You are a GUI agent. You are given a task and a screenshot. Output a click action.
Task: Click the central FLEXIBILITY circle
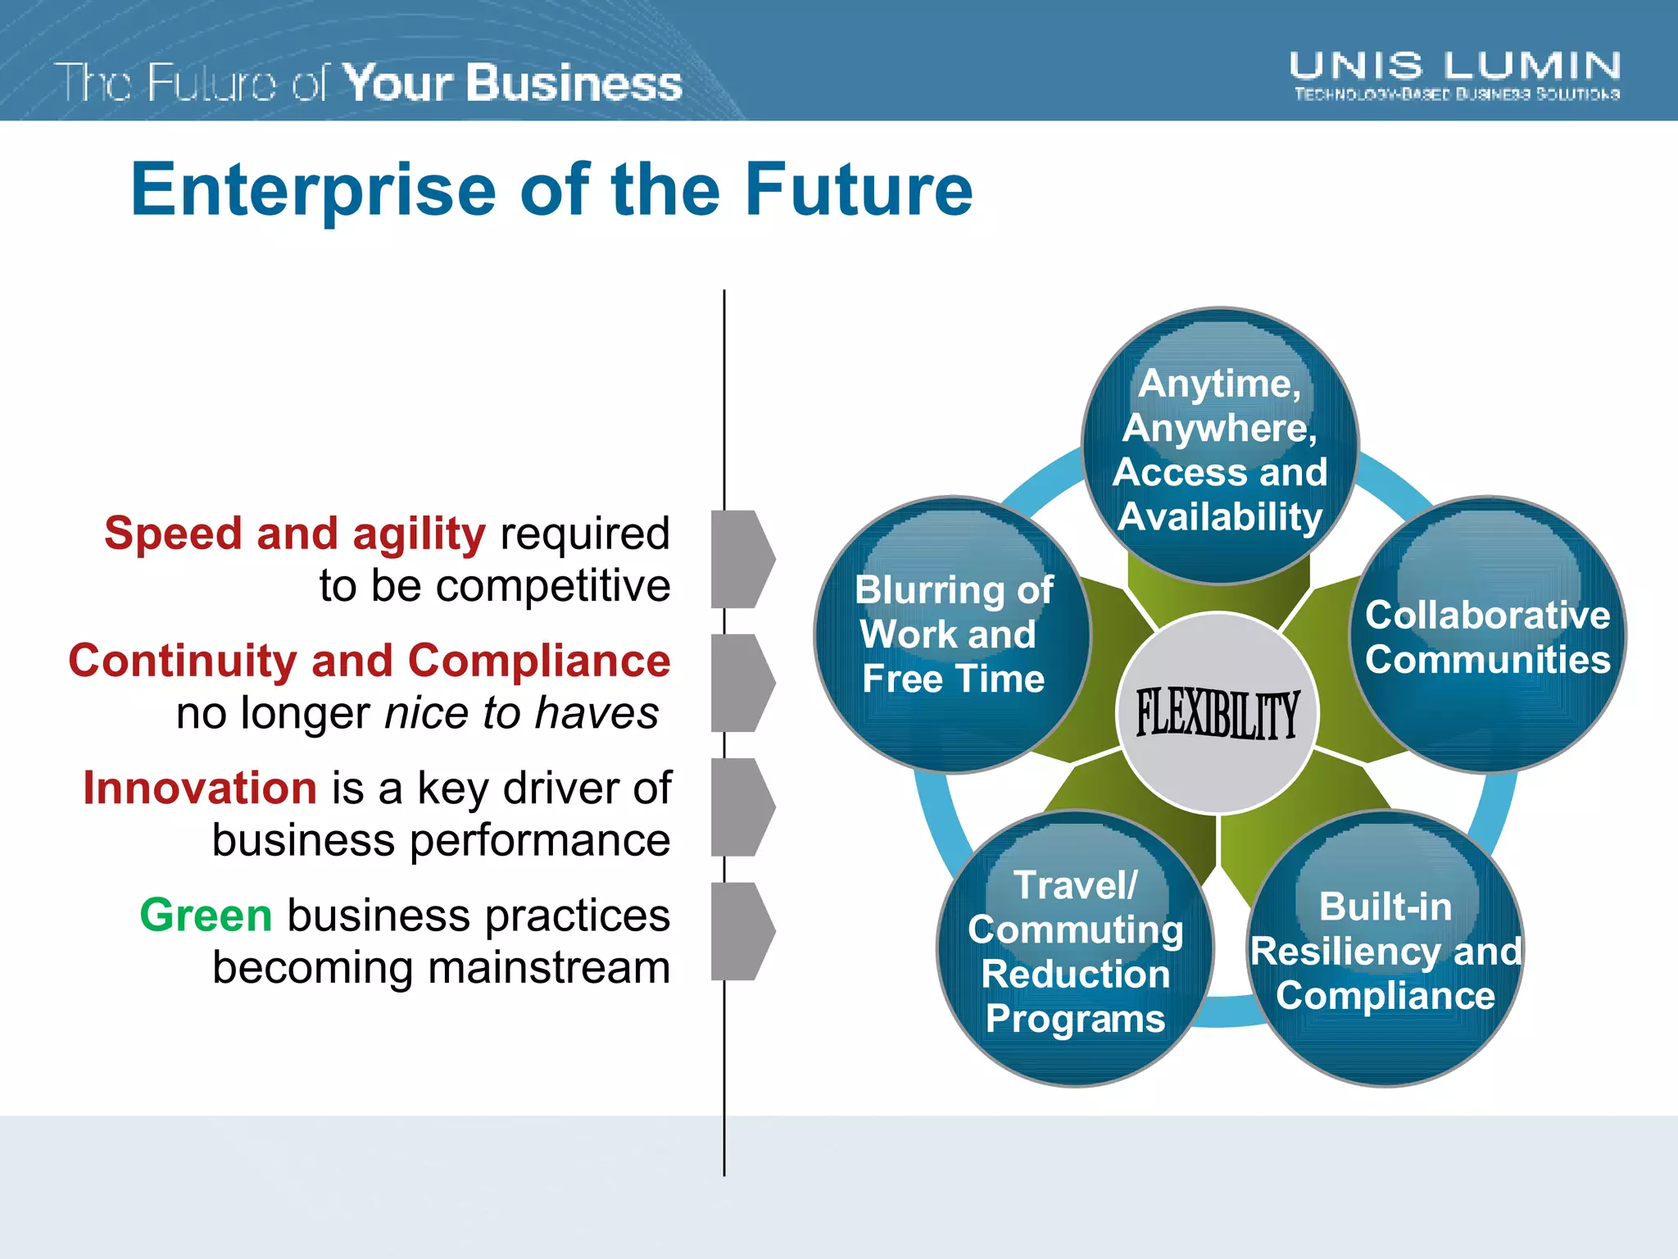click(x=1218, y=713)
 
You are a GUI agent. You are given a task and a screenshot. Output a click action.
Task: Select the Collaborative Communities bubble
click(x=1487, y=636)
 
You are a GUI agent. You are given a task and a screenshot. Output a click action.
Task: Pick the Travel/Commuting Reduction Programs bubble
click(x=1075, y=951)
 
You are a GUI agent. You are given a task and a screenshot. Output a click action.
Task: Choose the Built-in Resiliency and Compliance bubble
click(x=1385, y=951)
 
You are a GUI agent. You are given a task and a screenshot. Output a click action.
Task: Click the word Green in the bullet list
click(x=206, y=915)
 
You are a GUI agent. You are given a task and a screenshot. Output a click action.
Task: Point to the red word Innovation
click(x=200, y=788)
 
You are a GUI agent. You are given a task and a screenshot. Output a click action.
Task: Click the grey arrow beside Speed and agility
click(x=741, y=559)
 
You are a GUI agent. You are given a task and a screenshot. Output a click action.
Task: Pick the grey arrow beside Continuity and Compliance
click(x=741, y=683)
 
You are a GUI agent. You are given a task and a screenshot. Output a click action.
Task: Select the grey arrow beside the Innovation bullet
click(x=741, y=807)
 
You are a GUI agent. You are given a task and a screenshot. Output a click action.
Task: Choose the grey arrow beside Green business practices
click(x=741, y=931)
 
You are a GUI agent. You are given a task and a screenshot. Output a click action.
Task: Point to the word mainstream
click(x=549, y=968)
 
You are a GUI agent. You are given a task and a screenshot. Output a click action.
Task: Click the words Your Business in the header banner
click(x=512, y=83)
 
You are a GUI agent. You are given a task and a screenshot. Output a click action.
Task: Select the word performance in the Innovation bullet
click(x=540, y=841)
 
